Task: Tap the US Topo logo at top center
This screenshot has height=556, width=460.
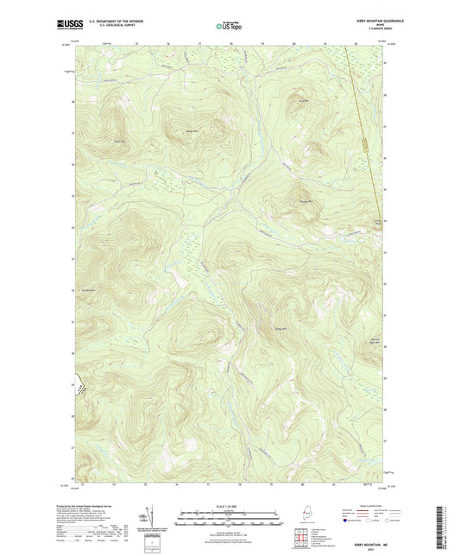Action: (229, 26)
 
